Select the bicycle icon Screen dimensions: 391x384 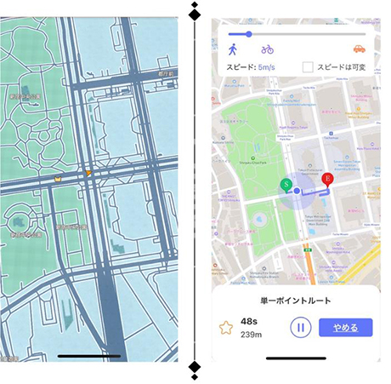click(267, 49)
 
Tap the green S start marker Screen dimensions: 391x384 click(287, 184)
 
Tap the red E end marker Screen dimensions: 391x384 click(328, 179)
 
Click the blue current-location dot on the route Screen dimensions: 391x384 click(297, 192)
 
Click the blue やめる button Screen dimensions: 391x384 click(346, 327)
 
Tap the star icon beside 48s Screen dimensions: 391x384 click(226, 327)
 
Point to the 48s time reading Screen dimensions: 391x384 click(249, 321)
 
